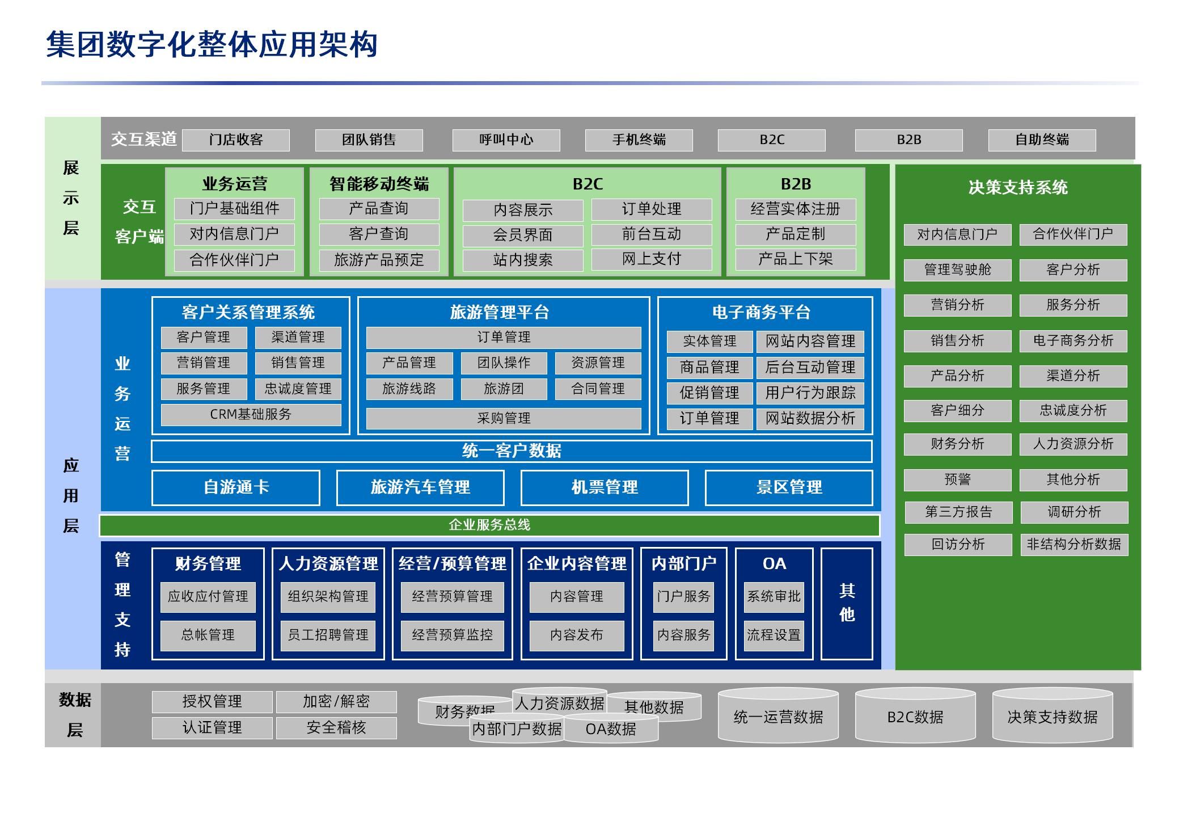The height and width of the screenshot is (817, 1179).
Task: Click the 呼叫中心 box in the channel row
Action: click(506, 140)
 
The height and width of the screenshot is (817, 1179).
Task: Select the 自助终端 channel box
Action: click(1042, 140)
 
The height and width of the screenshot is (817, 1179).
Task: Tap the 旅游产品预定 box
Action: click(379, 260)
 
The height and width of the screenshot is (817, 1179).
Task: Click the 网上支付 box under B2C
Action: click(651, 259)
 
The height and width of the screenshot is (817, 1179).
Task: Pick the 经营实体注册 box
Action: click(795, 209)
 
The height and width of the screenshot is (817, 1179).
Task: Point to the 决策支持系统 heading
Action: click(1017, 187)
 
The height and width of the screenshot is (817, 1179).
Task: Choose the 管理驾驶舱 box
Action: click(957, 269)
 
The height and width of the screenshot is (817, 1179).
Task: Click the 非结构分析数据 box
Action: click(1074, 544)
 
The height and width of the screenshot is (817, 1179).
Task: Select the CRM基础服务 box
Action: click(251, 414)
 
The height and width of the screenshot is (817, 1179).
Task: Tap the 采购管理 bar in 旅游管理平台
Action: click(503, 418)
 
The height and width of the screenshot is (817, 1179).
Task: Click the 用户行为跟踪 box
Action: click(810, 393)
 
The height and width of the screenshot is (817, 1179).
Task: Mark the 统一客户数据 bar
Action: click(511, 451)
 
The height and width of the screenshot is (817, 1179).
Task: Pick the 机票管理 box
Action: click(604, 487)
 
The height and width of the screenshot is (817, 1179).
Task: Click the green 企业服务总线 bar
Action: click(489, 525)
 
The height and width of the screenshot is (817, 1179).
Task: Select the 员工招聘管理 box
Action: click(328, 635)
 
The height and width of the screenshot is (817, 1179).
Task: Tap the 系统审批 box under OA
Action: click(774, 596)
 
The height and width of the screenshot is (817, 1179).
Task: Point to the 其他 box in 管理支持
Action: click(846, 603)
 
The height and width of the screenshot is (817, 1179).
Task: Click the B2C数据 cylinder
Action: click(915, 717)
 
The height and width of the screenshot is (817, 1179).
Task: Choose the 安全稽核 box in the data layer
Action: click(336, 727)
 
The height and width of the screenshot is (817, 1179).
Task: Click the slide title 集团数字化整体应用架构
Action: click(212, 44)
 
